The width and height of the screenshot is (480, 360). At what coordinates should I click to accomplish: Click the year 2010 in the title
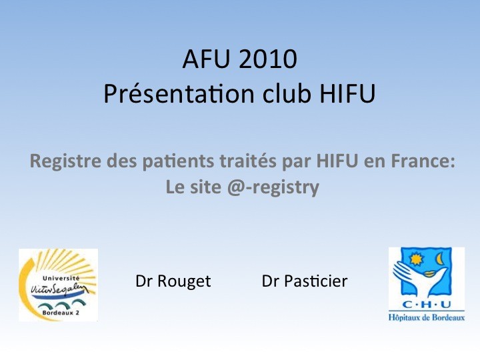(267, 59)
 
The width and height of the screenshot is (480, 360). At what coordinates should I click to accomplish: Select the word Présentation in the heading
(179, 93)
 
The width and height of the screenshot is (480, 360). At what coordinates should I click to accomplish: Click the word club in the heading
(287, 93)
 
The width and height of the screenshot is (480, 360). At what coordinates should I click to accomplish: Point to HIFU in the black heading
(347, 93)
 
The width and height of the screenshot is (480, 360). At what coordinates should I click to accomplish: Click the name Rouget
(184, 281)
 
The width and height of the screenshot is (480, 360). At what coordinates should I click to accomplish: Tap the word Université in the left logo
(61, 278)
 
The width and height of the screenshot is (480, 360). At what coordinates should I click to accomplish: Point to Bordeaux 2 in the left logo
(61, 313)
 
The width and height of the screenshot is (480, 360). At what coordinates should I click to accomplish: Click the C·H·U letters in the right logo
(427, 305)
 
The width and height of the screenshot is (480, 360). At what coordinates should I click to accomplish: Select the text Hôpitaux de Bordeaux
(427, 317)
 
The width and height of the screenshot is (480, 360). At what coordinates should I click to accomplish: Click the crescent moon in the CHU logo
(440, 259)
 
